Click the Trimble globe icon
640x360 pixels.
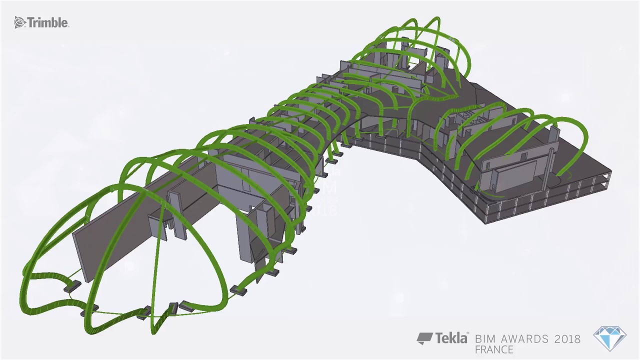pos(19,22)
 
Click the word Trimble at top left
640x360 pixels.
pos(47,23)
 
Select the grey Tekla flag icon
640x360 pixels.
pos(425,338)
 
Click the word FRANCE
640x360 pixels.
pos(494,349)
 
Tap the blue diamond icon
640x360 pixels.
pos(610,338)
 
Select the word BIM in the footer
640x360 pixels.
pos(485,339)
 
